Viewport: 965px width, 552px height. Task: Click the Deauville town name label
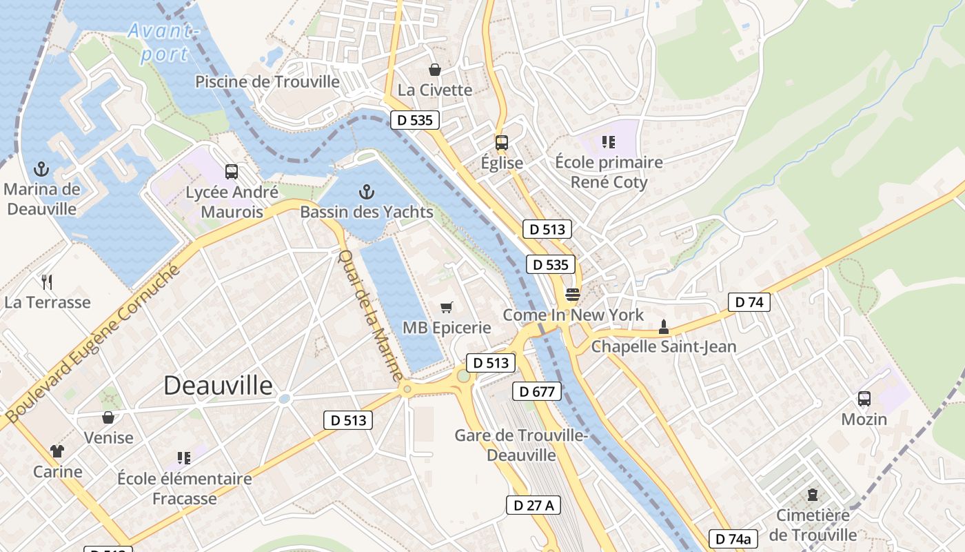click(218, 386)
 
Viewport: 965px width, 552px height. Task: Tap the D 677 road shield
click(537, 392)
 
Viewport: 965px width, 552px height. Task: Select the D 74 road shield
click(749, 302)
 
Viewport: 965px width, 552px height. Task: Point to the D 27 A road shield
click(534, 505)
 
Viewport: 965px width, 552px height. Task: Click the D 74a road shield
click(733, 539)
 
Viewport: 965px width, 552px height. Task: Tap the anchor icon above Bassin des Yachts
click(367, 192)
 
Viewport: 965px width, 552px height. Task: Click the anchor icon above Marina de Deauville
click(41, 169)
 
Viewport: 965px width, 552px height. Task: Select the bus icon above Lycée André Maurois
click(232, 172)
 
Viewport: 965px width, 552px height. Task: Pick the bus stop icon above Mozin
click(864, 398)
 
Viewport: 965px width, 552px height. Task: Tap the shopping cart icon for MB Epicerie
click(447, 307)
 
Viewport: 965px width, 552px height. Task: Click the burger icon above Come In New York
click(572, 295)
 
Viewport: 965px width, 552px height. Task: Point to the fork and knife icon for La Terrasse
click(47, 282)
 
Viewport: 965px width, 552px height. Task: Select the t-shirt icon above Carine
click(57, 451)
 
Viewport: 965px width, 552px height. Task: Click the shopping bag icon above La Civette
click(435, 70)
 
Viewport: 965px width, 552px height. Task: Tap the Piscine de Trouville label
click(267, 81)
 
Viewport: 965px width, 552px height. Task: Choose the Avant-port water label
click(164, 43)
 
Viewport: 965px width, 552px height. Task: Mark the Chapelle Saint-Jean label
click(664, 346)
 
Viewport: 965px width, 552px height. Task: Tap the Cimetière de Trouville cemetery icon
click(813, 495)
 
